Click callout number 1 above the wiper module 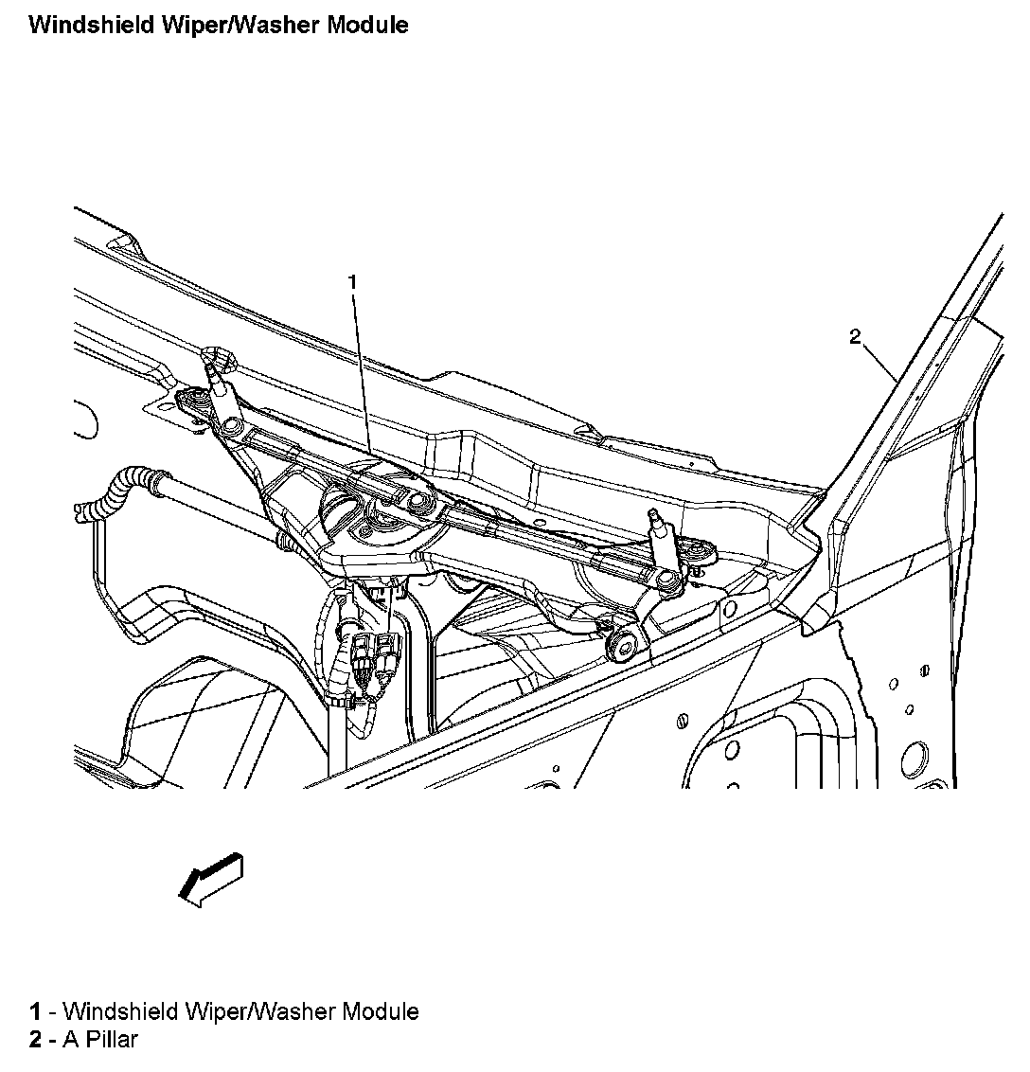(352, 281)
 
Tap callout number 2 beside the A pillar (855, 336)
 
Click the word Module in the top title (367, 25)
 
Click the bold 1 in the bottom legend (35, 1012)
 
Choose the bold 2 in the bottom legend (35, 1040)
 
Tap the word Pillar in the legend (113, 1040)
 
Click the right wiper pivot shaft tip (653, 515)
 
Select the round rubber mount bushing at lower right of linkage (623, 646)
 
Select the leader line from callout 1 (362, 369)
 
